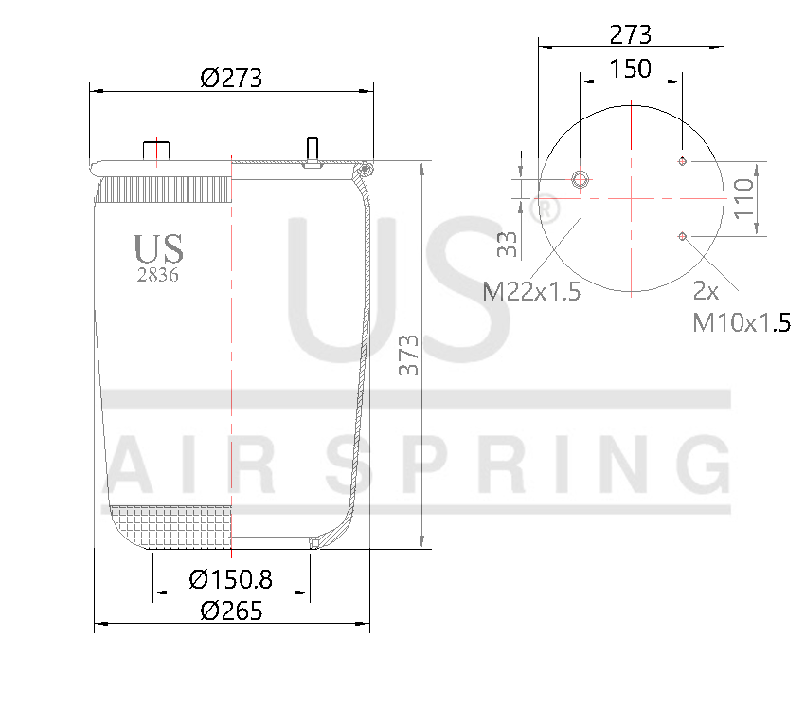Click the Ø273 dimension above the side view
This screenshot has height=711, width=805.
tap(230, 78)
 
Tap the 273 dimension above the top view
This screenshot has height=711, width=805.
tap(630, 35)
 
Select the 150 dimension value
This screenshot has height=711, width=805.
tap(630, 68)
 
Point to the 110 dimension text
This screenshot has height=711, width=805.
tap(745, 198)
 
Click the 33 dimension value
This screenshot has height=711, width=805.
tap(508, 245)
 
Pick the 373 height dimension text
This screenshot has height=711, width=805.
tap(408, 355)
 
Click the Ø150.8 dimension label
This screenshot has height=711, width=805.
tap(231, 578)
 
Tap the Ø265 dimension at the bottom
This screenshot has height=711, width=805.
tap(231, 610)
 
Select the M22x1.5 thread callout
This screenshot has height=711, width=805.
tap(531, 291)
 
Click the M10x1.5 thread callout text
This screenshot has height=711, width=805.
tap(742, 322)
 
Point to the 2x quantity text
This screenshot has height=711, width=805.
tap(706, 291)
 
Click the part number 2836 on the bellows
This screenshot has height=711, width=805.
tap(158, 276)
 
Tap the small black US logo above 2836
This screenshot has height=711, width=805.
tap(158, 249)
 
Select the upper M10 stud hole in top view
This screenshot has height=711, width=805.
tap(682, 161)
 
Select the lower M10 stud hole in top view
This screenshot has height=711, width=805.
tap(682, 235)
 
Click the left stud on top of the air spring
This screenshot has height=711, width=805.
tap(154, 152)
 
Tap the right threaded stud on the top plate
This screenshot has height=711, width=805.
tap(313, 150)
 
